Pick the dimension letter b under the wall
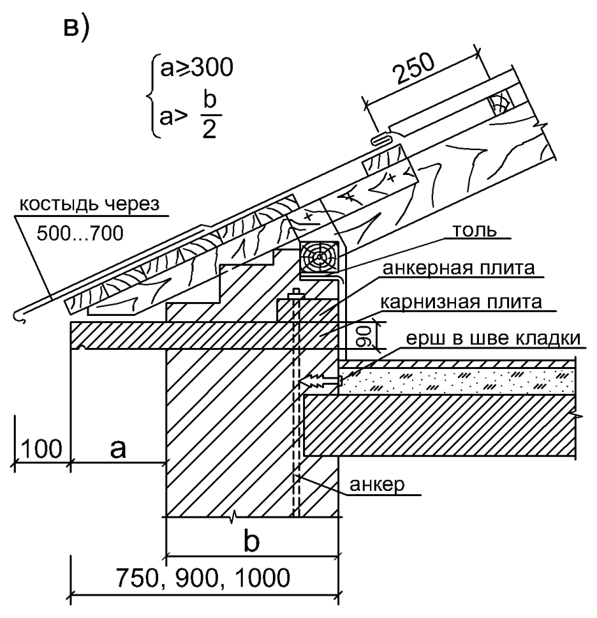[253, 543]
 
